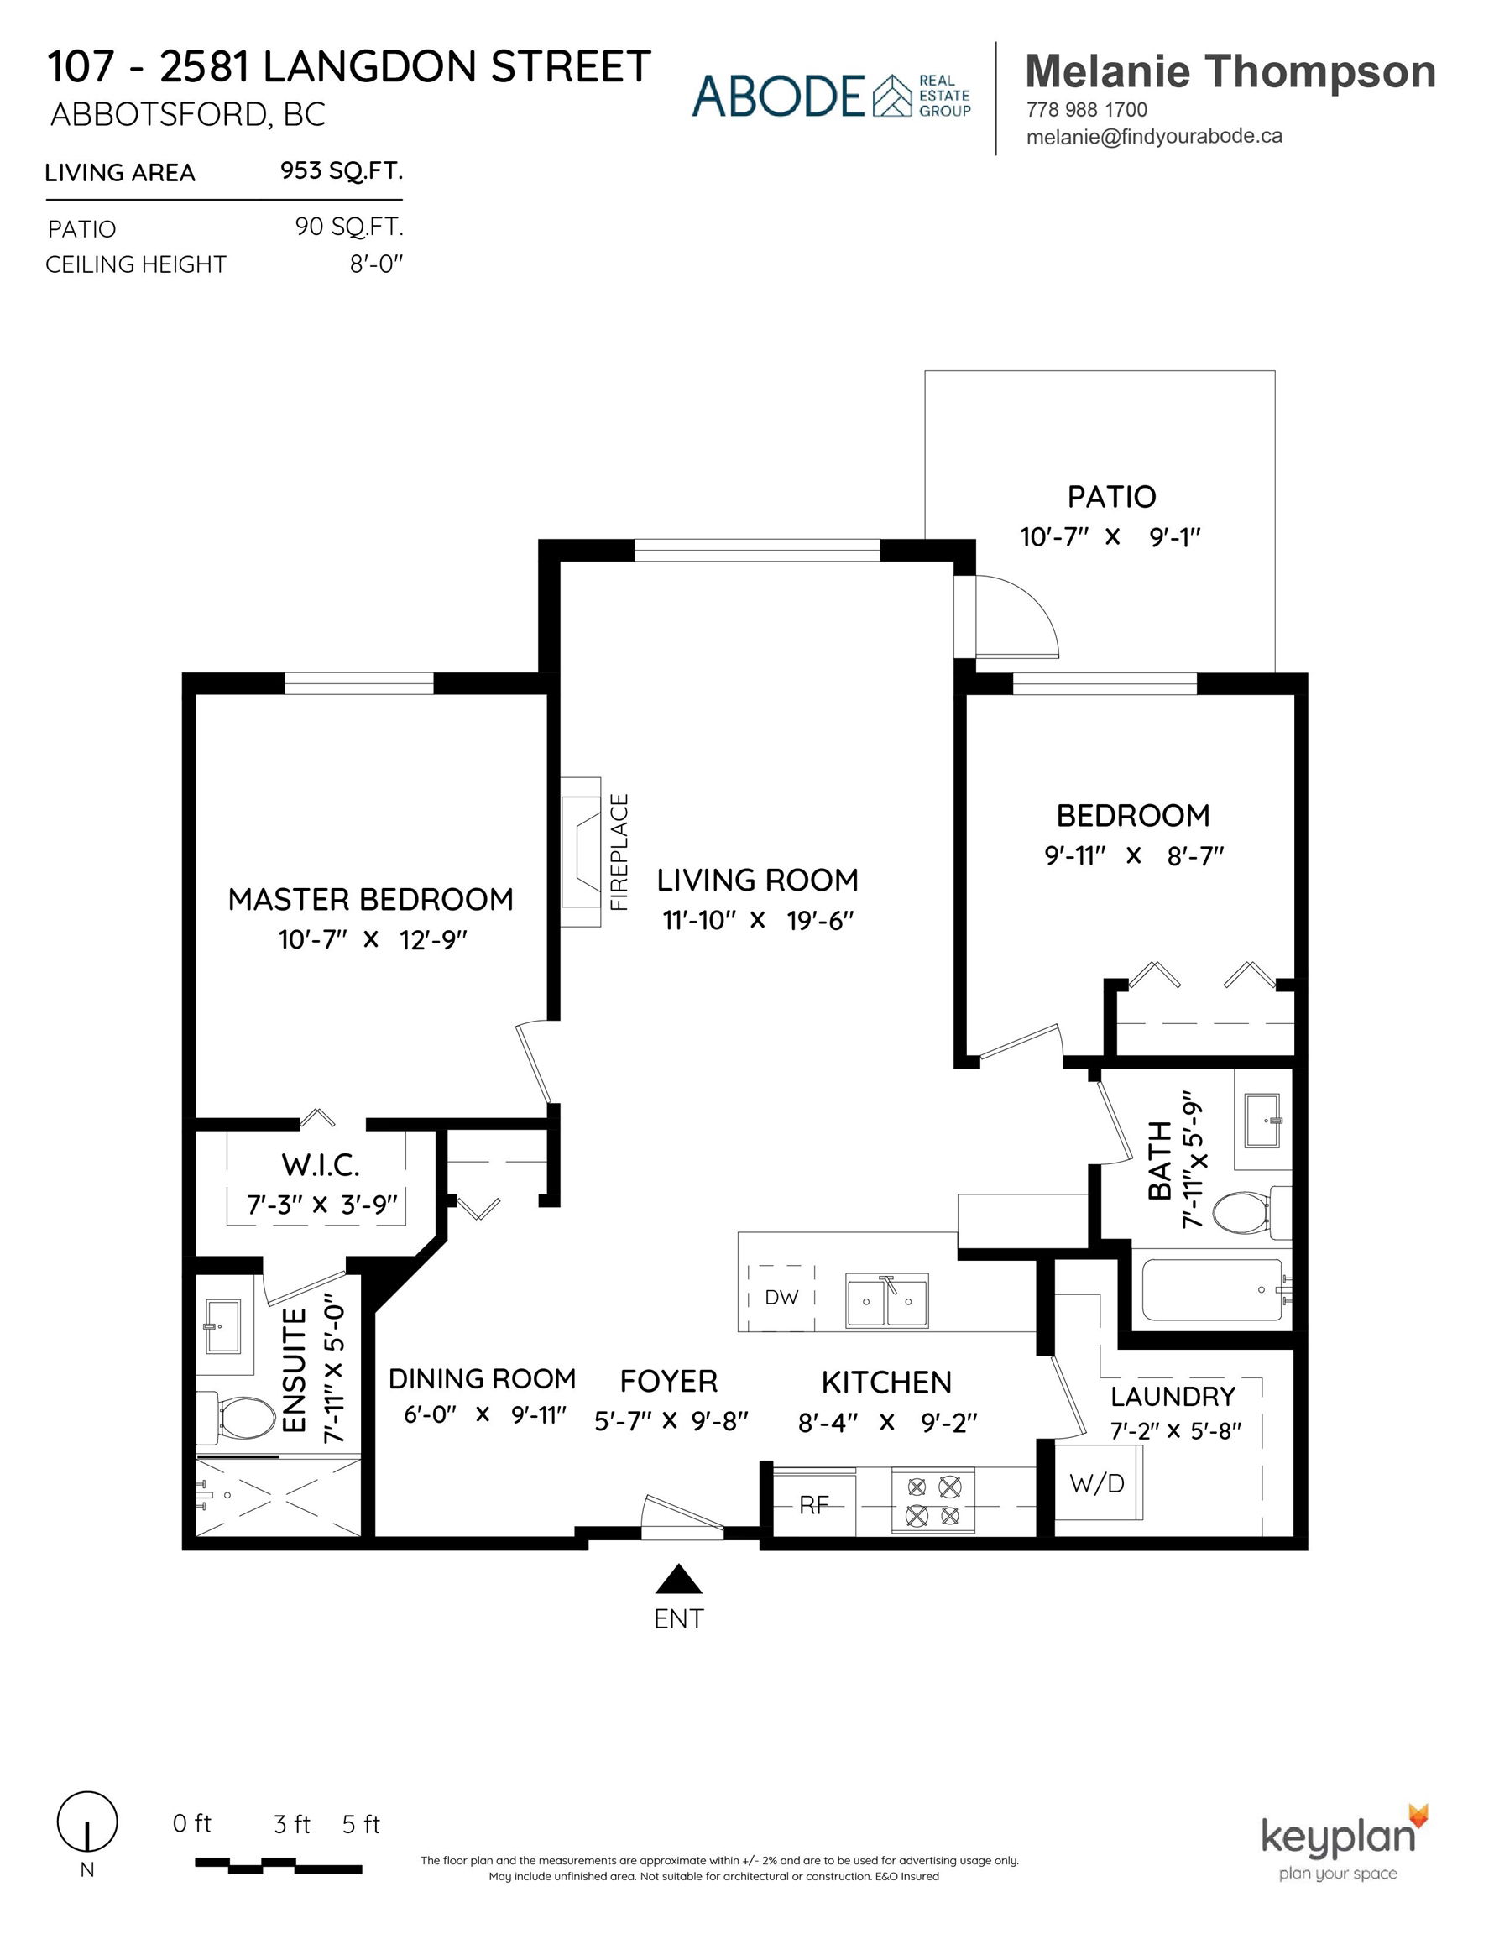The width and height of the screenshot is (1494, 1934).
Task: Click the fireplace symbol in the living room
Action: pyautogui.click(x=581, y=852)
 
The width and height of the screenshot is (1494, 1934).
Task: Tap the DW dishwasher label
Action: pyautogui.click(x=781, y=1297)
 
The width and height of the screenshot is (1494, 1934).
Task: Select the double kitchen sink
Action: pyautogui.click(x=886, y=1300)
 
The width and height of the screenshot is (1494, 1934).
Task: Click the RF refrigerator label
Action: pyautogui.click(x=814, y=1504)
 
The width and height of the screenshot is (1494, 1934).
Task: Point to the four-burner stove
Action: pyautogui.click(x=933, y=1501)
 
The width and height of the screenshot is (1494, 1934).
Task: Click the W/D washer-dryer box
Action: pyautogui.click(x=1097, y=1483)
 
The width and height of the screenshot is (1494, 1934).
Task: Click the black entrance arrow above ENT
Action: pyautogui.click(x=678, y=1579)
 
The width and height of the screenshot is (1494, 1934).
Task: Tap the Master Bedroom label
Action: pyautogui.click(x=370, y=900)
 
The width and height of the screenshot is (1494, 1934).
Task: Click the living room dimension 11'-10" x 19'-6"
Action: pyautogui.click(x=758, y=921)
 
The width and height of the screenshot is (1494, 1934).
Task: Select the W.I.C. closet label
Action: pyautogui.click(x=321, y=1165)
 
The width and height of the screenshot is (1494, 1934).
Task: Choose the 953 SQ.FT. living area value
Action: pyautogui.click(x=342, y=170)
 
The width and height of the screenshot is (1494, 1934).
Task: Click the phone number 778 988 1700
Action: pyautogui.click(x=1087, y=110)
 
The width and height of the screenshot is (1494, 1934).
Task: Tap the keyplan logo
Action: pyautogui.click(x=1345, y=1842)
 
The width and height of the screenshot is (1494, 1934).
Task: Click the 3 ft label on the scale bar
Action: pyautogui.click(x=291, y=1825)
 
